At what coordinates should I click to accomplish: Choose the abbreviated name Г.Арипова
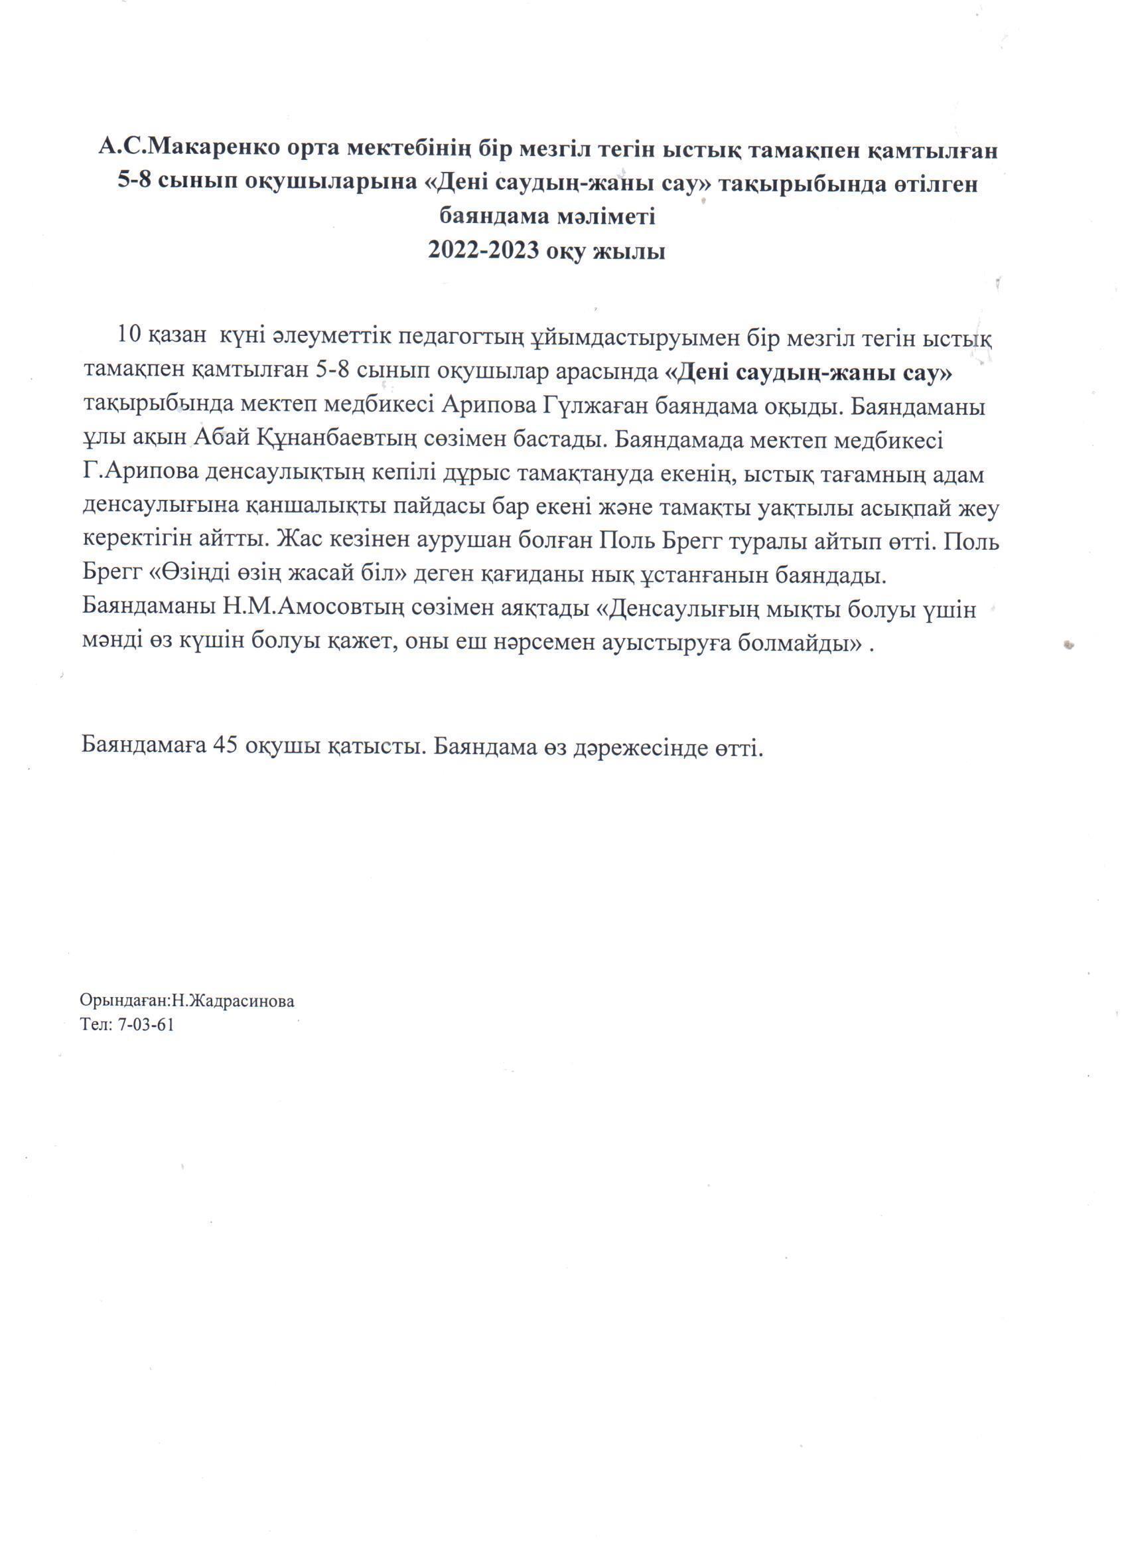(138, 474)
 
